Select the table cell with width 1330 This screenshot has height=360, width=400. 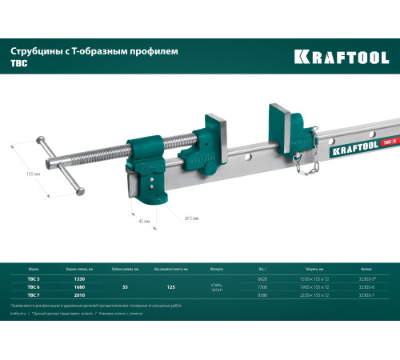78,278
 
